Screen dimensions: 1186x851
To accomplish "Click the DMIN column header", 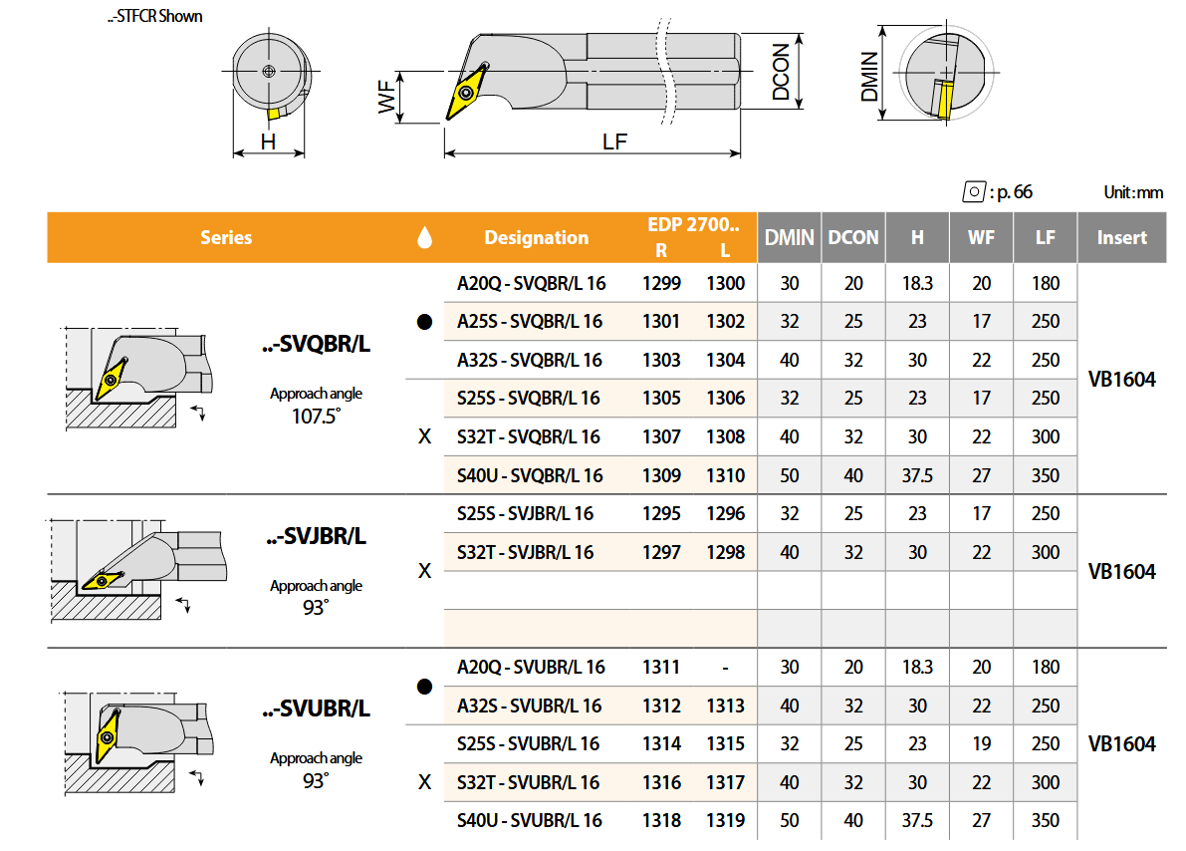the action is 789,238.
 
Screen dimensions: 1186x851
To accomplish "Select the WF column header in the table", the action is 981,238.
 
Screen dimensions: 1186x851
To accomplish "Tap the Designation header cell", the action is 537,238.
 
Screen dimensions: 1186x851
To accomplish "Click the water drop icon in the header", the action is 424,237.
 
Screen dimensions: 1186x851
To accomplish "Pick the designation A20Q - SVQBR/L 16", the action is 531,283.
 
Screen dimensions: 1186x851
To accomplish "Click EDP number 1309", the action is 662,475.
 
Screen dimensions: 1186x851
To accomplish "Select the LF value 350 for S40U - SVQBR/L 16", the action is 1046,475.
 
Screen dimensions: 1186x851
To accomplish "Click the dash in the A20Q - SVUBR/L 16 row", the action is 725,668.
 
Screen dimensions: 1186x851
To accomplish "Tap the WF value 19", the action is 981,744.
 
